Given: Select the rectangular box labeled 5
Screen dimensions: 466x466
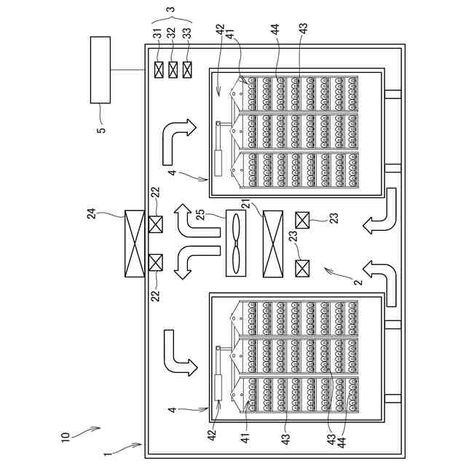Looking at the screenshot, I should [x=100, y=70].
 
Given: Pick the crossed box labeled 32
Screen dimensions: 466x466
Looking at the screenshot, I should [x=173, y=70].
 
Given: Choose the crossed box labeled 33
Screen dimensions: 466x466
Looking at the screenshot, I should [x=188, y=70].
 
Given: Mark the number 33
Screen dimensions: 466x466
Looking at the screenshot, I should [x=188, y=33].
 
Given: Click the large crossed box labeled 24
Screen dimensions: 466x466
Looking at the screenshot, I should [x=133, y=244].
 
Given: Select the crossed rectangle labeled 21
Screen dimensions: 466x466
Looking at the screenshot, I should [x=273, y=244].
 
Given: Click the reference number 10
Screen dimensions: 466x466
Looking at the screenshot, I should [x=65, y=437].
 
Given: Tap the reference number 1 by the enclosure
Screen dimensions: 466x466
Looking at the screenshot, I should [x=107, y=454].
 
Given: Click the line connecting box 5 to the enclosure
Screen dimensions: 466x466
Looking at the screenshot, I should [x=127, y=70].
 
